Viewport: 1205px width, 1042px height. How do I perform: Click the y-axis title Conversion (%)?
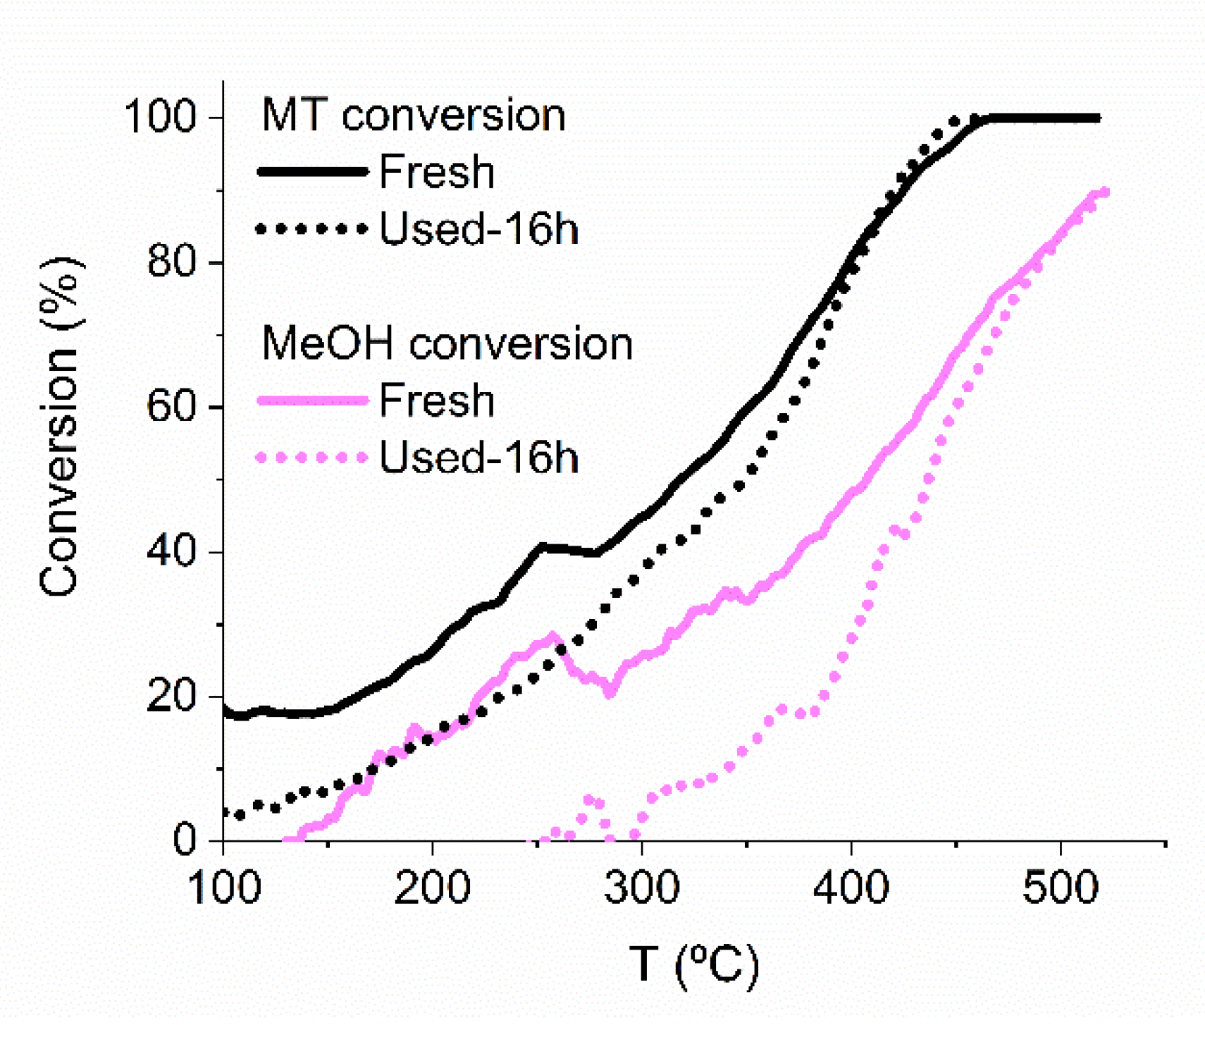61,427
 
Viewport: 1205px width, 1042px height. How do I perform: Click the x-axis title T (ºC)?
693,965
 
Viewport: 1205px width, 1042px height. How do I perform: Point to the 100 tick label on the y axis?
160,116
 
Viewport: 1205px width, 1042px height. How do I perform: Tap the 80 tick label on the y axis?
171,262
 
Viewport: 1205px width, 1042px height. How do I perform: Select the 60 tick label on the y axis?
171,407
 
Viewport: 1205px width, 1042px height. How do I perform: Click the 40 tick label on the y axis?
171,552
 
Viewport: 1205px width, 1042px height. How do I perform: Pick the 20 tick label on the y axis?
171,697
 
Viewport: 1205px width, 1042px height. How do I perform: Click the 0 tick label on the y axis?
185,840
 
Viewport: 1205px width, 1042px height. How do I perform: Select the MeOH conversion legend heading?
447,344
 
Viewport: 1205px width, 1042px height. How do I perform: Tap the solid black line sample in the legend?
313,171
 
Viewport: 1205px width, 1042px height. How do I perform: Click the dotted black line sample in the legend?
313,229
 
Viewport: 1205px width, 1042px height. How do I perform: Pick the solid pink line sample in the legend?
313,400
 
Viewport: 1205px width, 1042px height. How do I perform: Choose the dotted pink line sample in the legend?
313,458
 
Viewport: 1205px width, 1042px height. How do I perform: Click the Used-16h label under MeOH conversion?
479,458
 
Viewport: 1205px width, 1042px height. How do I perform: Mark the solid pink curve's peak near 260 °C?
554,637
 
